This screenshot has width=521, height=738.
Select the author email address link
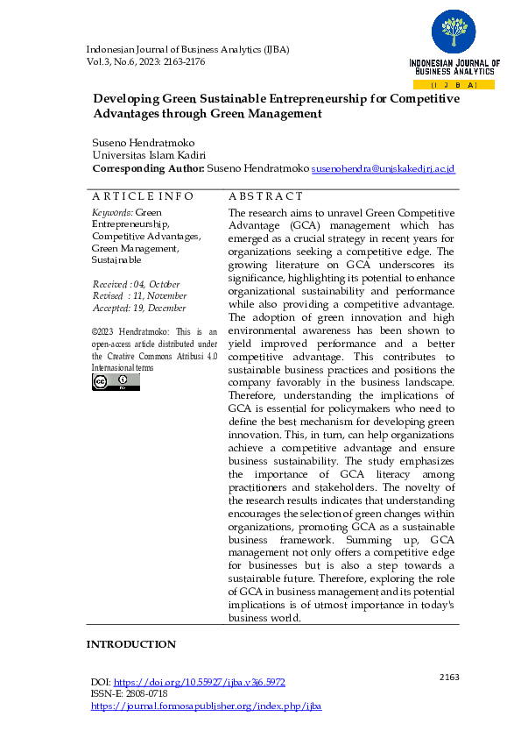(384, 168)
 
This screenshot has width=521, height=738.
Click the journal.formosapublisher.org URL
(207, 706)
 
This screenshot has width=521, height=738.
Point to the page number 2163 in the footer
(448, 677)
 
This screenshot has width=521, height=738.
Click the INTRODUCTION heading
(130, 644)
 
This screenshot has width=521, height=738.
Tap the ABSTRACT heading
(265, 196)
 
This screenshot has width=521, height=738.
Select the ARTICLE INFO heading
(143, 196)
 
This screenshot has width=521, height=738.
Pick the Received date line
(137, 285)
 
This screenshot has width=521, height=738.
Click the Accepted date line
(139, 308)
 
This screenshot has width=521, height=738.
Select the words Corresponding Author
(148, 168)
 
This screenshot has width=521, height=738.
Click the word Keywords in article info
(112, 213)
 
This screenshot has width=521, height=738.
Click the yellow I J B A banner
(454, 85)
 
